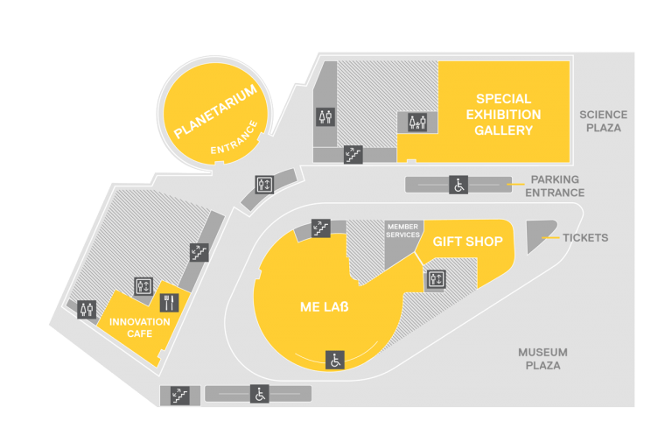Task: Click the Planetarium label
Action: pyautogui.click(x=215, y=111)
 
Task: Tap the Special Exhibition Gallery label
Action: pyautogui.click(x=504, y=115)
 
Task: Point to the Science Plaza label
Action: pyautogui.click(x=604, y=122)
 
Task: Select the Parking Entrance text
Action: pyautogui.click(x=555, y=186)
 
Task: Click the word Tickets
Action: pyautogui.click(x=585, y=238)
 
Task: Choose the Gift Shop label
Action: pyautogui.click(x=467, y=242)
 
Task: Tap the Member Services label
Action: pyautogui.click(x=402, y=230)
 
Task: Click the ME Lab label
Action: pyautogui.click(x=325, y=307)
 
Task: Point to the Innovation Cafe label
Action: pyautogui.click(x=140, y=328)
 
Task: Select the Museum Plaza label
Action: pyautogui.click(x=543, y=359)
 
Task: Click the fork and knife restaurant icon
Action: pyautogui.click(x=169, y=303)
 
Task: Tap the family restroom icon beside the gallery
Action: pyautogui.click(x=417, y=123)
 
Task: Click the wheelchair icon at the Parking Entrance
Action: pyautogui.click(x=458, y=186)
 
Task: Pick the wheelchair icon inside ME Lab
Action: pyautogui.click(x=335, y=360)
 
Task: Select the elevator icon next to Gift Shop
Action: pyautogui.click(x=437, y=279)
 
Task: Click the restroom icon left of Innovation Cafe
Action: pyautogui.click(x=87, y=309)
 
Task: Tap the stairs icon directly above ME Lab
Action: pyautogui.click(x=320, y=228)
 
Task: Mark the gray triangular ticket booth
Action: pyautogui.click(x=539, y=235)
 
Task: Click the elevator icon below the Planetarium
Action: pyautogui.click(x=264, y=185)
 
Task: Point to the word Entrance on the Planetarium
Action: pyautogui.click(x=234, y=138)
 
